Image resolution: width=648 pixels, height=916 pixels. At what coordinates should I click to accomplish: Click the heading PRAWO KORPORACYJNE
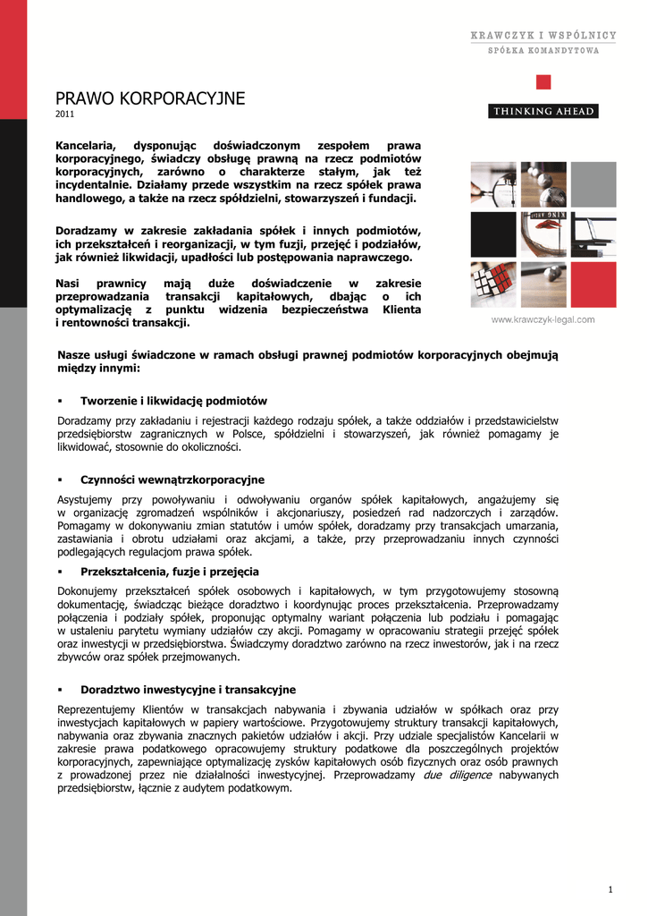(150, 98)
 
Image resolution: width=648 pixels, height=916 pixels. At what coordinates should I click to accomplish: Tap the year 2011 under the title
(65, 114)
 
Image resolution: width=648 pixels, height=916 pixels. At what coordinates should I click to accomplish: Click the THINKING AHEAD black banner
(543, 112)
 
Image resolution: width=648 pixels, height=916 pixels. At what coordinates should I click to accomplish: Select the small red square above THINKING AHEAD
(543, 83)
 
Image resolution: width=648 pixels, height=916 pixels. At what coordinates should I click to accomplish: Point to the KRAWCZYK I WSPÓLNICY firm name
(543, 36)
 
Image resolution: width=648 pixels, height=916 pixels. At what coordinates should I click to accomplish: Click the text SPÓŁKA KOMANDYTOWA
(543, 51)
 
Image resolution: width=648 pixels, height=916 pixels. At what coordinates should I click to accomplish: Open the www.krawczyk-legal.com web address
(543, 319)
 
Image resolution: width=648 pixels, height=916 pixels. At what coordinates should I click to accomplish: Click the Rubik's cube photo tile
(493, 284)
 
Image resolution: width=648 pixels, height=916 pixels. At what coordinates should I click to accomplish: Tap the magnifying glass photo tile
(493, 184)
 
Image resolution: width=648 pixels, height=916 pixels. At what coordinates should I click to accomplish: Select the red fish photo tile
(543, 234)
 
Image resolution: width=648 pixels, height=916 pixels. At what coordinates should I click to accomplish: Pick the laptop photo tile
(593, 234)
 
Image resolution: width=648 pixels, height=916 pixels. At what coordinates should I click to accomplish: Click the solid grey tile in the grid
(593, 184)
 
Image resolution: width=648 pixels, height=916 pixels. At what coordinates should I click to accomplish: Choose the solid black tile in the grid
(493, 234)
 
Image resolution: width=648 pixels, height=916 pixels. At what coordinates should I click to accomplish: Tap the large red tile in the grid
(593, 284)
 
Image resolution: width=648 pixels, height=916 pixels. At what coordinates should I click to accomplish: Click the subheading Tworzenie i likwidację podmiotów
(173, 401)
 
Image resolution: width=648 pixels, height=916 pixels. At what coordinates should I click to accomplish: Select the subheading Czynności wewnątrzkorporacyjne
(173, 479)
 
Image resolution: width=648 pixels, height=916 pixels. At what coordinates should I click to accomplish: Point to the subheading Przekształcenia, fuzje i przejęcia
(170, 571)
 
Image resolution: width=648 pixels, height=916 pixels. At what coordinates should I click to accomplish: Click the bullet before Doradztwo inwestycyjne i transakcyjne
(60, 690)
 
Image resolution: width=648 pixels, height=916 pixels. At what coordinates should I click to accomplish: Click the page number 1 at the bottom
(610, 888)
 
